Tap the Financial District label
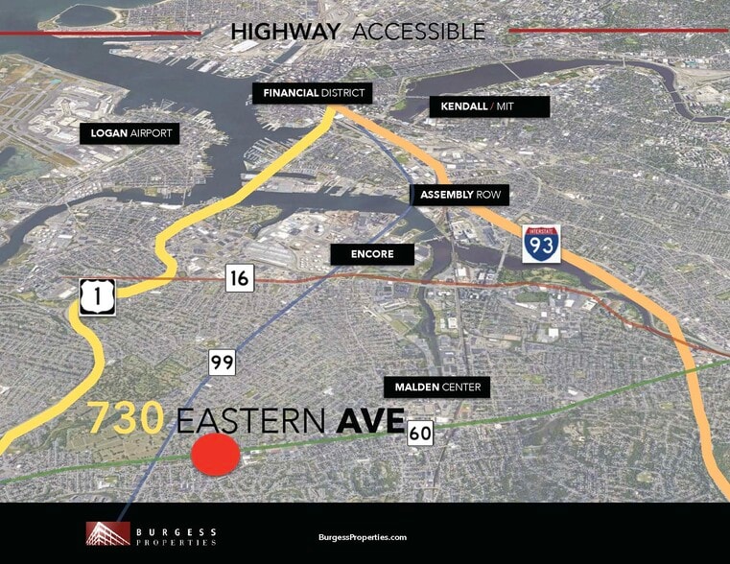click(x=311, y=93)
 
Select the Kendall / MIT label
click(x=489, y=106)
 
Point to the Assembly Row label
click(x=461, y=195)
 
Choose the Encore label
click(x=372, y=254)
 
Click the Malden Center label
click(x=436, y=388)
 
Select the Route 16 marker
click(x=240, y=279)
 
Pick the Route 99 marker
click(x=222, y=363)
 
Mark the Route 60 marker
click(x=420, y=434)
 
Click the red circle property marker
click(x=215, y=454)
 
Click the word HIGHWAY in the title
click(x=286, y=32)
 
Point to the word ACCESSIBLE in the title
click(x=418, y=32)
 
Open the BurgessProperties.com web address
click(x=363, y=538)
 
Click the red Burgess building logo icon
click(x=107, y=533)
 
